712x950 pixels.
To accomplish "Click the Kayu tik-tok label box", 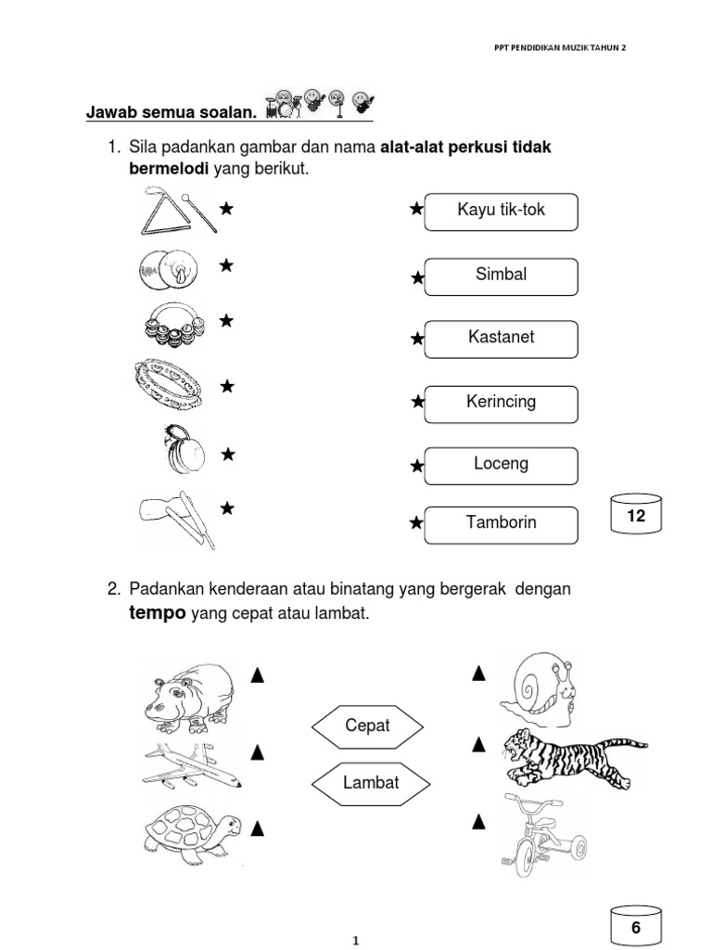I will click(502, 211).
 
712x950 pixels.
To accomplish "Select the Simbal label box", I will click(502, 276).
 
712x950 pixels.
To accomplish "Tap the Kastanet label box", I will click(502, 338).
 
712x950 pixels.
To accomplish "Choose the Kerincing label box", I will click(502, 403).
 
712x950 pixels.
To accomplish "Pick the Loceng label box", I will click(502, 465).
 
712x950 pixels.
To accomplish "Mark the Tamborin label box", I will click(502, 523).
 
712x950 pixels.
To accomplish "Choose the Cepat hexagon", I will click(367, 725).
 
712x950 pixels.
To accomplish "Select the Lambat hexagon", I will click(371, 782).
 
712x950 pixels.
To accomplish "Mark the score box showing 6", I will click(636, 927).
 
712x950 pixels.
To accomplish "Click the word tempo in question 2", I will click(157, 615).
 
